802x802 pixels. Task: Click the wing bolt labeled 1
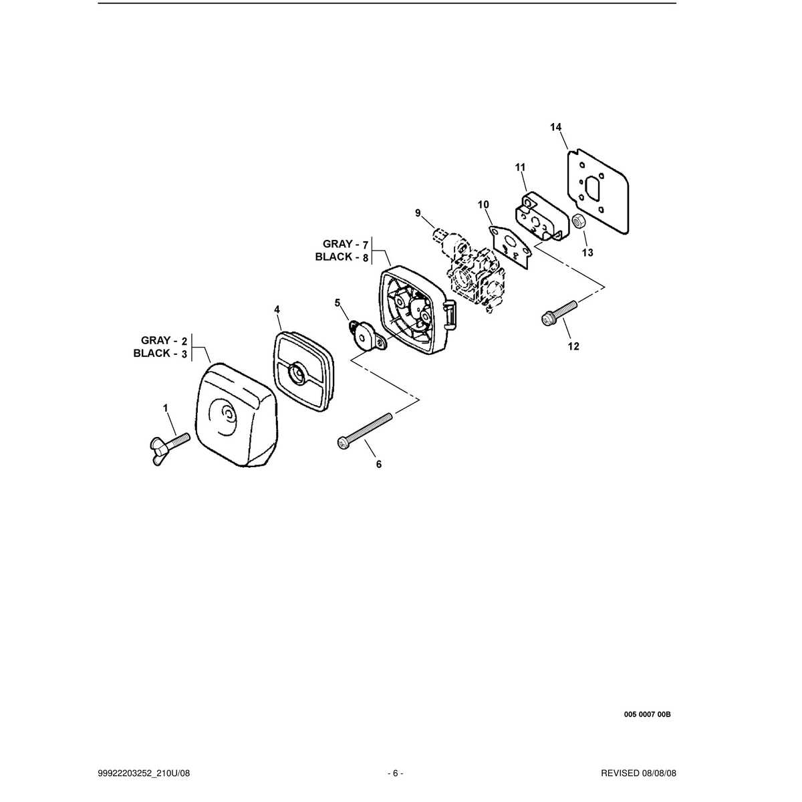coord(169,448)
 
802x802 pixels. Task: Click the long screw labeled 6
coord(364,432)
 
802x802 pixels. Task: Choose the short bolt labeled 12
coord(559,313)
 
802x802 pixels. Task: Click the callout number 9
coord(418,213)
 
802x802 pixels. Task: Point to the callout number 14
coord(555,127)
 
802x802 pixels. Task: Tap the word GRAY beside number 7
coord(338,243)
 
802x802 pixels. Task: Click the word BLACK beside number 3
coord(152,354)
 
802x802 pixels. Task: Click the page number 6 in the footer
coord(396,774)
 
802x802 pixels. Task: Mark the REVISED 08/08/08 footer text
coord(638,774)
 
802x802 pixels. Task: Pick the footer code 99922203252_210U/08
coord(144,774)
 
